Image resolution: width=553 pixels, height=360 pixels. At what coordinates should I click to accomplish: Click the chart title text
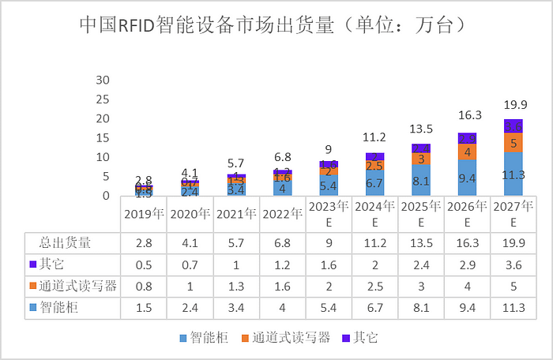[x=276, y=24]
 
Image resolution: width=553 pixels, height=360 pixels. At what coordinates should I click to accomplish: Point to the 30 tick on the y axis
[x=103, y=80]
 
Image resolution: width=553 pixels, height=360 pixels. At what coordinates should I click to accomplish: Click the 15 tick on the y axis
[x=103, y=137]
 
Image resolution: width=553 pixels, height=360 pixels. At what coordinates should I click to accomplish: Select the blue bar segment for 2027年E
[x=513, y=174]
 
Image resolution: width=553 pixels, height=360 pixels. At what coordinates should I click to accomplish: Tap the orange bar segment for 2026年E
[x=467, y=152]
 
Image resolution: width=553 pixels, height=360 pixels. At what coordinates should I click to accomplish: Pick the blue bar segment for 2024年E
[x=374, y=183]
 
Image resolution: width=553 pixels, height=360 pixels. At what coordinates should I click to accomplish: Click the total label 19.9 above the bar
[x=513, y=105]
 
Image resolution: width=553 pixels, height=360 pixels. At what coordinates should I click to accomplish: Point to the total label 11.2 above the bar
[x=374, y=137]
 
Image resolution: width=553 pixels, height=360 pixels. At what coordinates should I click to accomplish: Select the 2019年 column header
[x=143, y=213]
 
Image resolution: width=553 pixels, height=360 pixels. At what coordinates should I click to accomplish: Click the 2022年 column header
[x=282, y=213]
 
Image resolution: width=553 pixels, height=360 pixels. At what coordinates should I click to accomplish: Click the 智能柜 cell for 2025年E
[x=420, y=307]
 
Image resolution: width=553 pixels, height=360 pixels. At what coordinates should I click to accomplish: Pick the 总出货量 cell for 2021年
[x=235, y=242]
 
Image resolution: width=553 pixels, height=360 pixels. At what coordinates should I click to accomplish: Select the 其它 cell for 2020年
[x=190, y=264]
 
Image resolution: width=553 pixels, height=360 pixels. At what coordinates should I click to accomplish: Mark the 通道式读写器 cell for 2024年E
[x=374, y=286]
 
